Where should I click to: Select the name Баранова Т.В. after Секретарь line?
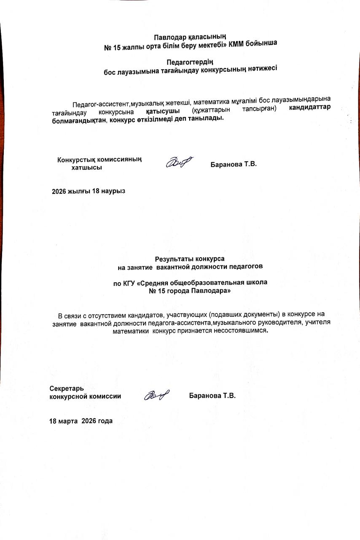click(212, 396)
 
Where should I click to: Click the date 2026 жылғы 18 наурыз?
click(89, 191)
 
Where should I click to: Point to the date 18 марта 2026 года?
click(81, 421)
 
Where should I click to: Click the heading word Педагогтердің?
click(191, 62)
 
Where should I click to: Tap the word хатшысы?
click(87, 167)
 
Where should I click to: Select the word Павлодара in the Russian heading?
click(213, 291)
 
